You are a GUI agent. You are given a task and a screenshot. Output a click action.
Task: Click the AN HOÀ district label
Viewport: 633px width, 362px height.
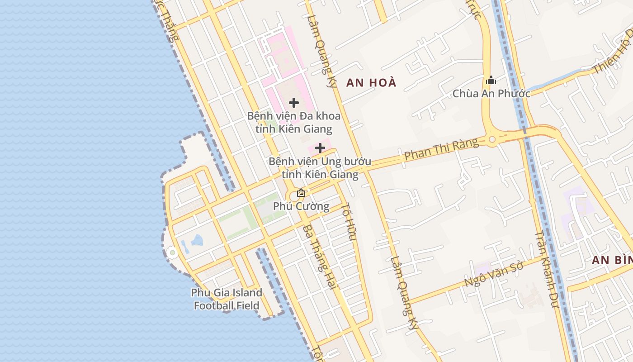pyautogui.click(x=371, y=82)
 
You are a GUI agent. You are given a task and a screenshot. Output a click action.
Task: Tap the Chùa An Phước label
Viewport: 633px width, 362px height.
pyautogui.click(x=491, y=94)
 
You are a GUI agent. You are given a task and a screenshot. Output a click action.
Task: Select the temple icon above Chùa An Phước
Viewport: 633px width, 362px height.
pyautogui.click(x=491, y=81)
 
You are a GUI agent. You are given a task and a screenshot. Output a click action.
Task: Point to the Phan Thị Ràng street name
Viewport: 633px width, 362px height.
pyautogui.click(x=441, y=149)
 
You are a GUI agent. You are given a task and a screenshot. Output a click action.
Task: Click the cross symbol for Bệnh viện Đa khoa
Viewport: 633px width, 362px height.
pyautogui.click(x=294, y=103)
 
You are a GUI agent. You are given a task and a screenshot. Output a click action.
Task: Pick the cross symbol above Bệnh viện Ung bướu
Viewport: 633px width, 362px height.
pyautogui.click(x=320, y=148)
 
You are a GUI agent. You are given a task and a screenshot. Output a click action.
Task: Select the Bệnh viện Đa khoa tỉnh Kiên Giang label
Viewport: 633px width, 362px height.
pyautogui.click(x=294, y=122)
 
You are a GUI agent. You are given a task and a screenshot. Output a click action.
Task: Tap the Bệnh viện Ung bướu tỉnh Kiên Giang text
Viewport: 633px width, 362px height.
pyautogui.click(x=320, y=167)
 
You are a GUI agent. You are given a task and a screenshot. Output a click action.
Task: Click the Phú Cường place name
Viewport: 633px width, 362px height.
pyautogui.click(x=301, y=206)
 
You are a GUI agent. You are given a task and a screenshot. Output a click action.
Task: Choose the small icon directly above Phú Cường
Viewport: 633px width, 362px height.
pyautogui.click(x=301, y=193)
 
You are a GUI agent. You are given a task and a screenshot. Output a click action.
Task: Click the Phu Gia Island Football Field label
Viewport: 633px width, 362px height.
pyautogui.click(x=227, y=299)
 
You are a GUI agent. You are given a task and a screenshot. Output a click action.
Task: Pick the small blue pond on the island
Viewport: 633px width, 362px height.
pyautogui.click(x=196, y=240)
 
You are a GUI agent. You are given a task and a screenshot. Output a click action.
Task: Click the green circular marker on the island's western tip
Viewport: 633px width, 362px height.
pyautogui.click(x=172, y=253)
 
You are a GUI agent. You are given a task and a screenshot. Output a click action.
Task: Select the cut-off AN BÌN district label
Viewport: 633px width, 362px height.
pyautogui.click(x=612, y=260)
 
